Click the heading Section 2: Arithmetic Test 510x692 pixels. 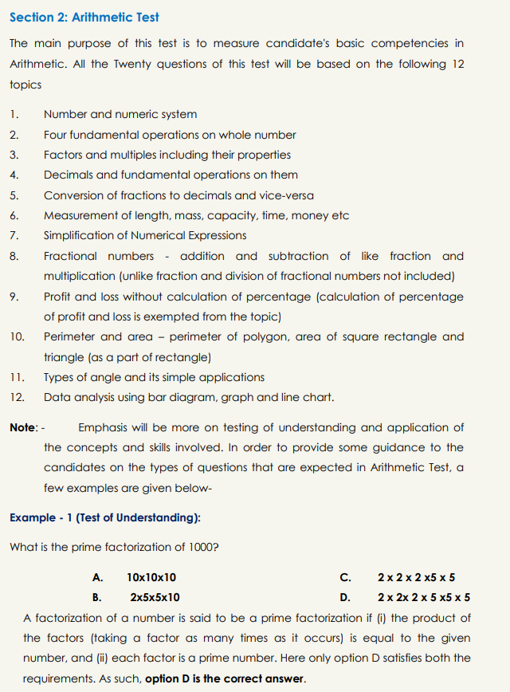click(x=84, y=17)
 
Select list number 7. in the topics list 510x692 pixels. click(x=14, y=236)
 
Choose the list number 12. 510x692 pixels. click(x=17, y=397)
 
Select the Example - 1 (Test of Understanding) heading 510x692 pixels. click(x=105, y=518)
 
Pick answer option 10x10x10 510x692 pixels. click(x=151, y=577)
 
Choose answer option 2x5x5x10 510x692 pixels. click(x=155, y=597)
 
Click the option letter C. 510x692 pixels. click(x=344, y=577)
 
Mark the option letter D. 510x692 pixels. click(x=344, y=597)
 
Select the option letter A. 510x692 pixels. click(x=96, y=577)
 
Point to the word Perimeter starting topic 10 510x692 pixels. click(x=69, y=336)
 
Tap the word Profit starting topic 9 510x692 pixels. click(x=58, y=297)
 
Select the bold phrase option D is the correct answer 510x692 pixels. click(x=225, y=679)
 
